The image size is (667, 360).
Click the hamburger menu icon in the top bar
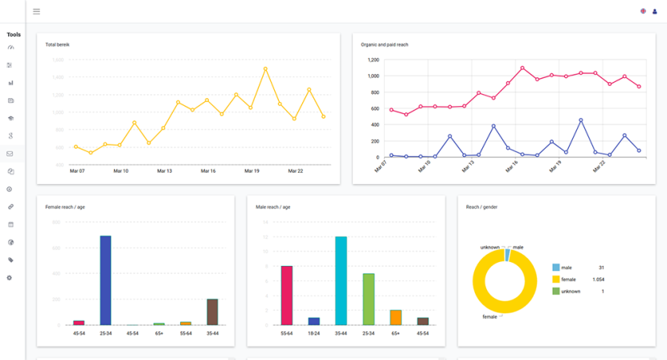(36, 11)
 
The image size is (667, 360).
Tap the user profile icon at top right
(655, 11)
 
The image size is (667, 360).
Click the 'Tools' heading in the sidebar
(14, 35)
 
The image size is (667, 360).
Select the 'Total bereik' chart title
(57, 44)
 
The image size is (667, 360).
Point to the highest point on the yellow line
(265, 69)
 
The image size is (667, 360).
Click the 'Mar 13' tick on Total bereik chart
(164, 170)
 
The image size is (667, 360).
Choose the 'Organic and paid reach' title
(385, 44)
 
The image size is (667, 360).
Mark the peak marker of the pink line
(522, 68)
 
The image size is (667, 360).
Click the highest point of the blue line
(580, 121)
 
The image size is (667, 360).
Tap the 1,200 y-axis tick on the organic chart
(372, 59)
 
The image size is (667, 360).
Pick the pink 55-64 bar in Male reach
(287, 295)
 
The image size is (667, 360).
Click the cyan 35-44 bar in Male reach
(341, 280)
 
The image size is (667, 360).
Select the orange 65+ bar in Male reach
(395, 317)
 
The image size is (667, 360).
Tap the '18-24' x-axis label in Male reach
(314, 332)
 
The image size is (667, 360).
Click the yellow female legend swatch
(556, 279)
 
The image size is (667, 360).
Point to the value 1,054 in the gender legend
(598, 279)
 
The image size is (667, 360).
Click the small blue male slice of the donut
(508, 255)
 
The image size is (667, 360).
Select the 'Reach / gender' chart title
(481, 207)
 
